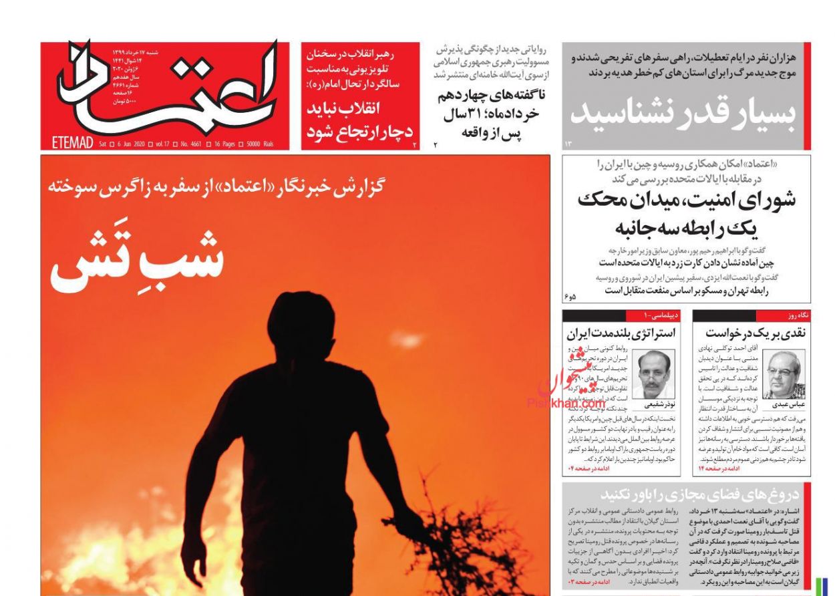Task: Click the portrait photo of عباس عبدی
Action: pos(784,374)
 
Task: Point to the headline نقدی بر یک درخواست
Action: pos(752,331)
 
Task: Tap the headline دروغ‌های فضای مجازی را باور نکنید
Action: pos(699,495)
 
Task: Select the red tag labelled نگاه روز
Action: pos(798,315)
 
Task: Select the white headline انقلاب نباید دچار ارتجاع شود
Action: pos(360,119)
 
